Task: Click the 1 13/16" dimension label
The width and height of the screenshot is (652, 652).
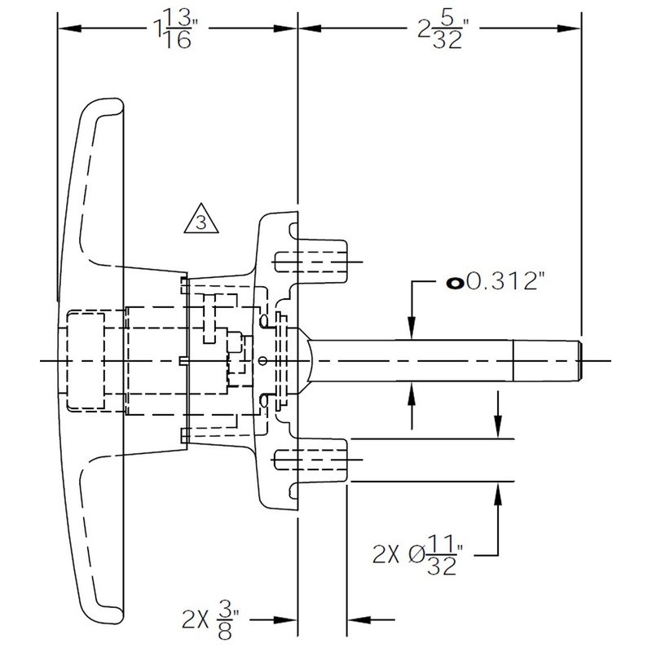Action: (173, 29)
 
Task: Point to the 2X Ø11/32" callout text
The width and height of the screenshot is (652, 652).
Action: (417, 555)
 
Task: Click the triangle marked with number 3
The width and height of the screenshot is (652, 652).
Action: (201, 219)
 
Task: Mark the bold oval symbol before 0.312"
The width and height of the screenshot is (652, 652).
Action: (456, 283)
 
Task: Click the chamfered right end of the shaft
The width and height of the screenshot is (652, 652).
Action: (579, 360)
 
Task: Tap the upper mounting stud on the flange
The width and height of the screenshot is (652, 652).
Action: (322, 262)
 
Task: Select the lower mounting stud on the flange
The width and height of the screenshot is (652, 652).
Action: (322, 460)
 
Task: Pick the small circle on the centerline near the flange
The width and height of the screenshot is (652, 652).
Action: (262, 360)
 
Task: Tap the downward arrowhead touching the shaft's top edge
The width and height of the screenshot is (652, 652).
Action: (412, 328)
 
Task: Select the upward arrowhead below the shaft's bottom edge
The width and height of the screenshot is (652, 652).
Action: (412, 393)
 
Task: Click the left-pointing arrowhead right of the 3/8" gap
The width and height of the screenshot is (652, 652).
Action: (359, 620)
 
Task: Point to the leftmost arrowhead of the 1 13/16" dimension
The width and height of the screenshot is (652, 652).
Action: (69, 29)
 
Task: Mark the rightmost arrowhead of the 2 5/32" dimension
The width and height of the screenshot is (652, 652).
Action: (570, 29)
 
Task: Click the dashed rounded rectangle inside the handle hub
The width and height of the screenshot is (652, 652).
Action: (86, 361)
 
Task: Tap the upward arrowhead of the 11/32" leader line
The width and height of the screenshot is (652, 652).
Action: (499, 494)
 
